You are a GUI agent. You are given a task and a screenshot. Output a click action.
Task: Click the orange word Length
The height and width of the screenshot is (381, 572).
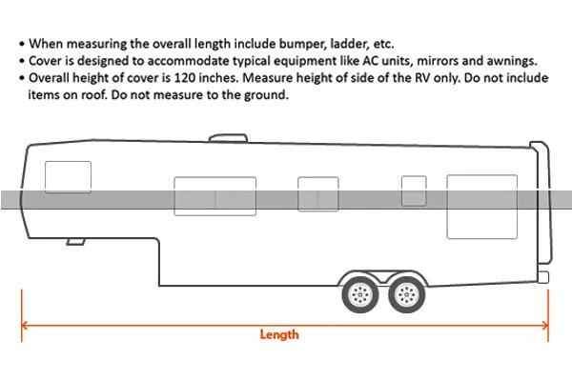(278, 334)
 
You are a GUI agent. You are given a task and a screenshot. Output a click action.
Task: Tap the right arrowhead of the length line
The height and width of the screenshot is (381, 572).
(546, 324)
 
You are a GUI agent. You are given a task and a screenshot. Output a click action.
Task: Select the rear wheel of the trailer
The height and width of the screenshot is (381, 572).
(408, 294)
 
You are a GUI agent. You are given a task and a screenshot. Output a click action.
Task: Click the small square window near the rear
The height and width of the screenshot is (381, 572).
(413, 190)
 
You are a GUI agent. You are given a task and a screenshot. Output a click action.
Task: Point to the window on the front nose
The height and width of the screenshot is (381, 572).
(69, 178)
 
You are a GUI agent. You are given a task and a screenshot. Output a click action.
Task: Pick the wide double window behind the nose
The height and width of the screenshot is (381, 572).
(214, 199)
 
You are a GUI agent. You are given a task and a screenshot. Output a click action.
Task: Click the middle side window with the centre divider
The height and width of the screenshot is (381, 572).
(317, 194)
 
